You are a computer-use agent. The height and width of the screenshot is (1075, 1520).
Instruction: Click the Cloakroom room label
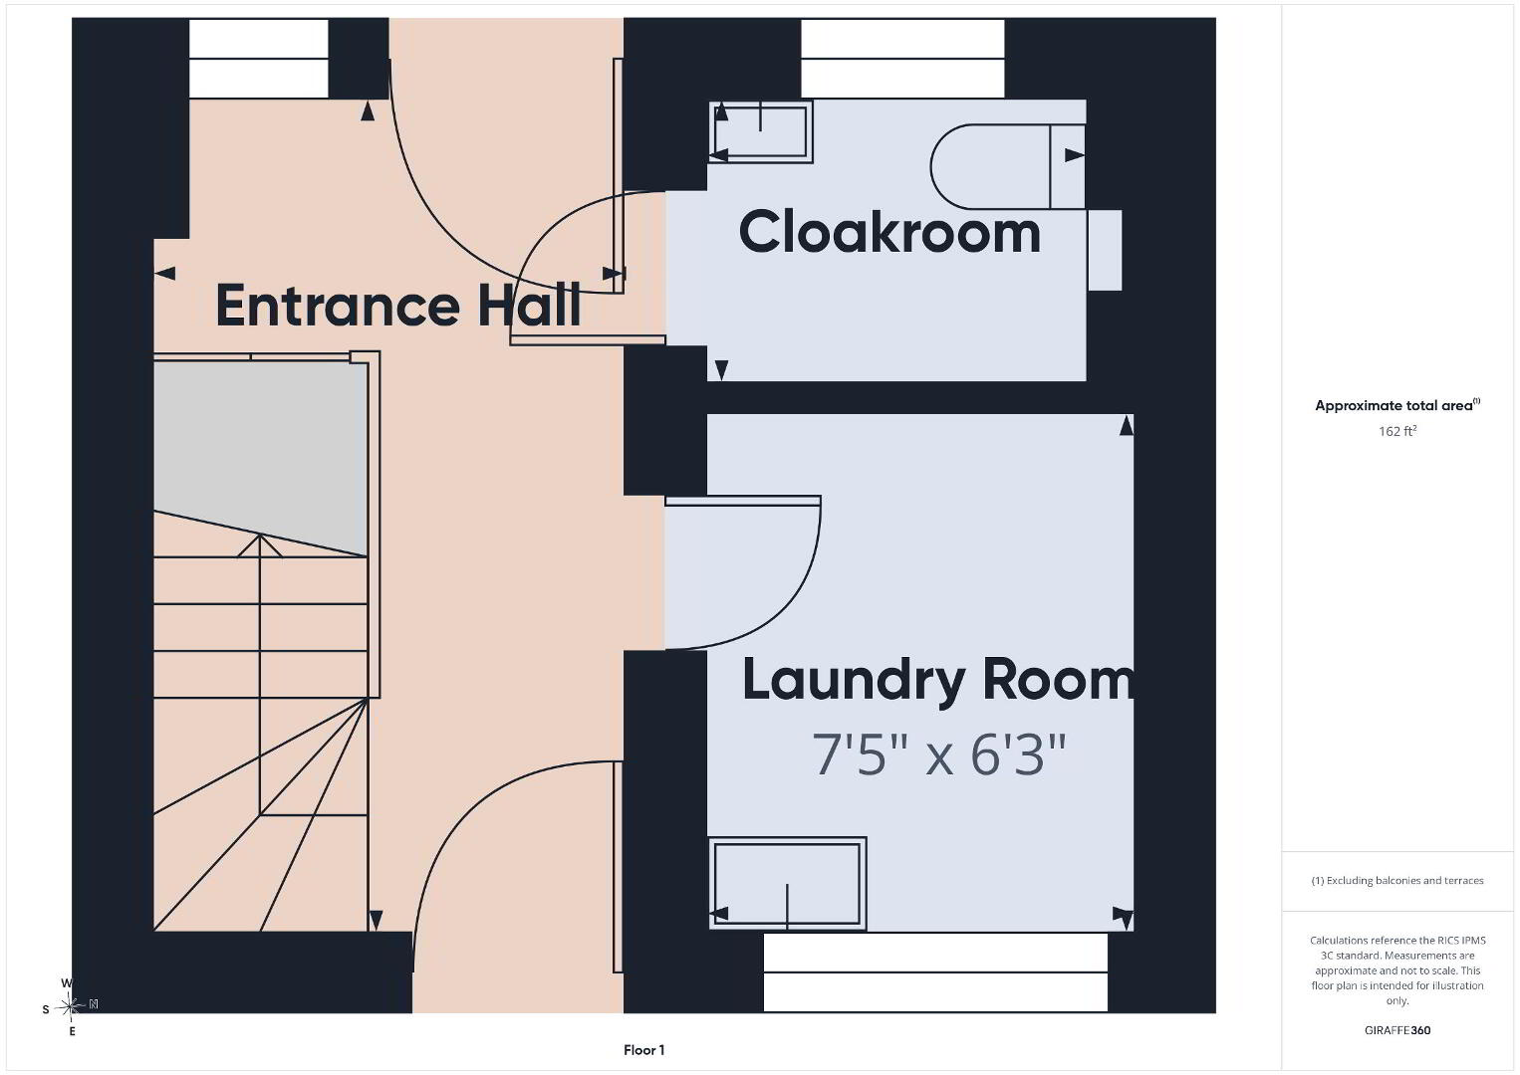tap(889, 232)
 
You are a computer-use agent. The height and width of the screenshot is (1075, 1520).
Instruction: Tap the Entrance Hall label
tap(398, 306)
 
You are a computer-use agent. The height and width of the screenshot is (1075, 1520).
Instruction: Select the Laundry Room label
tap(938, 680)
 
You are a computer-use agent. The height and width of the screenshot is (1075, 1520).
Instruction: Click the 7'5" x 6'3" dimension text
tap(939, 754)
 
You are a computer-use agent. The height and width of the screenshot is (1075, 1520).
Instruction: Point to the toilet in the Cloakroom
tap(1008, 166)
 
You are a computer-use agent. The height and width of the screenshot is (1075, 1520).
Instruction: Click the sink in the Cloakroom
tap(761, 131)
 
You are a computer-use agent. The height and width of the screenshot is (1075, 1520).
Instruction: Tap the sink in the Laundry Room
tap(788, 884)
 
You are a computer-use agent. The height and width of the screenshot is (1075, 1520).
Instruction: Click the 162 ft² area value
tap(1397, 431)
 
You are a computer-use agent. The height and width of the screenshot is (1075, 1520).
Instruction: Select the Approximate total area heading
tap(1397, 405)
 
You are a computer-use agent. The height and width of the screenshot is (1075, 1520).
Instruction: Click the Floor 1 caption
tap(644, 1050)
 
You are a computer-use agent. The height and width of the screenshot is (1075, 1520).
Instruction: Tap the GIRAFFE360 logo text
tap(1397, 1030)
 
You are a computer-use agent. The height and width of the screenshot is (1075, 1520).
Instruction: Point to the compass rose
tap(71, 1006)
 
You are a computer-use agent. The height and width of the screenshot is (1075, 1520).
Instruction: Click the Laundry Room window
tap(935, 971)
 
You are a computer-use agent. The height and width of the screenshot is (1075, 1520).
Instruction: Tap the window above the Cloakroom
tap(902, 59)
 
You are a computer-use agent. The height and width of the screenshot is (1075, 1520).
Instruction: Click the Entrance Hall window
tap(259, 59)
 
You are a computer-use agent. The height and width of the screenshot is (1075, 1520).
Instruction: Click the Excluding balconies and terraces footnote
tap(1397, 880)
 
